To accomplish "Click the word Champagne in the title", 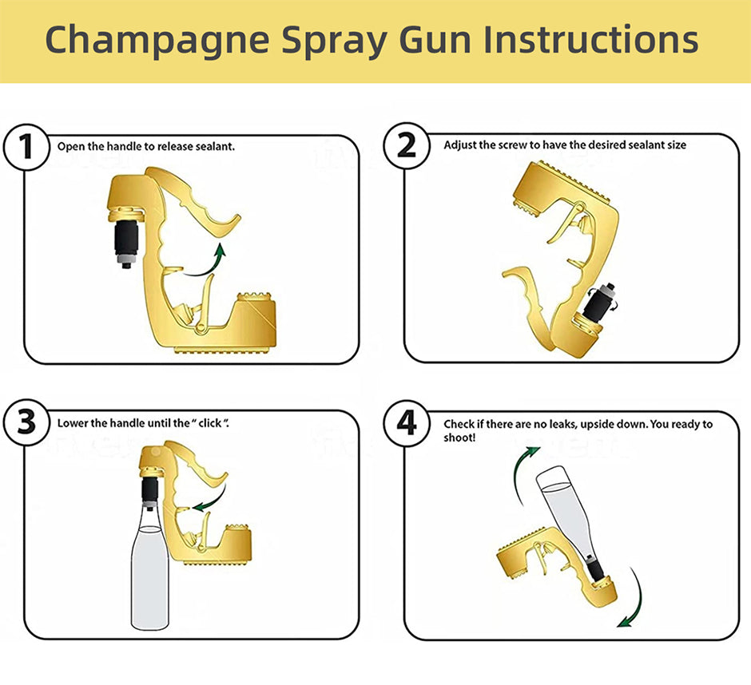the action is [157, 42].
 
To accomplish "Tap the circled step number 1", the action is [26, 146].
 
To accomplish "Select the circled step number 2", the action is [407, 145].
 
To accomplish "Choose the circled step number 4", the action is [407, 423].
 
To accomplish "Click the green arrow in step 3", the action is [211, 499].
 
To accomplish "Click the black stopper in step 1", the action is [126, 240].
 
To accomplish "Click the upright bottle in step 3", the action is [150, 568].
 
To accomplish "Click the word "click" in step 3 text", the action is [210, 423].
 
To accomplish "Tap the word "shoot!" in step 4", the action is [459, 438].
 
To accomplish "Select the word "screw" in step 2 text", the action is [512, 145].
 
